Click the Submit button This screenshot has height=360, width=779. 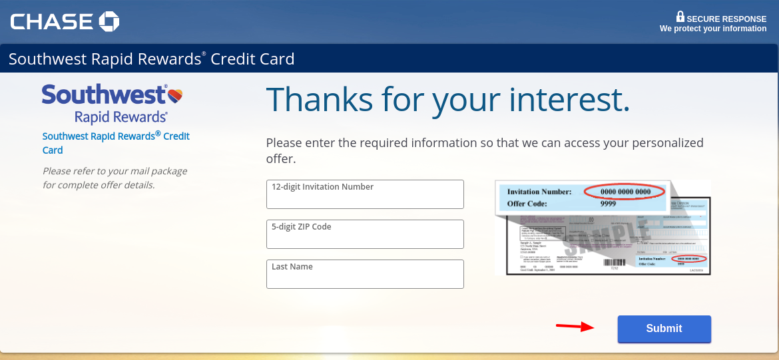[x=664, y=329]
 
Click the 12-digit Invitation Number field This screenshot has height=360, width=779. [x=365, y=194]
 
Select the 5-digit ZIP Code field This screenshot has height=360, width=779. [x=365, y=234]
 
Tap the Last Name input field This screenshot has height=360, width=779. [x=365, y=274]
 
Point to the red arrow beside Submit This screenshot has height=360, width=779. [x=575, y=326]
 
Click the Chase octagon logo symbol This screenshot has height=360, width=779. [x=109, y=22]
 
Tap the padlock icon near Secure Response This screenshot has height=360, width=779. [x=680, y=17]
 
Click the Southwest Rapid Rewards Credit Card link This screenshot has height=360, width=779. [x=116, y=143]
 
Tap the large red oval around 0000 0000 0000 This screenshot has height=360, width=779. [x=625, y=192]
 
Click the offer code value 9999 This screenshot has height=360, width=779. [x=607, y=204]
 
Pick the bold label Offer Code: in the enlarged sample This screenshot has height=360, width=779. [x=527, y=204]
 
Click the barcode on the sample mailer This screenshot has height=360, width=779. [x=614, y=264]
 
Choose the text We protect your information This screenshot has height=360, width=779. [x=712, y=29]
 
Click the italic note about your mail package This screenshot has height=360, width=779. [x=115, y=178]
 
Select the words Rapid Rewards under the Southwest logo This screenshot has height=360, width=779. [x=121, y=117]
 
